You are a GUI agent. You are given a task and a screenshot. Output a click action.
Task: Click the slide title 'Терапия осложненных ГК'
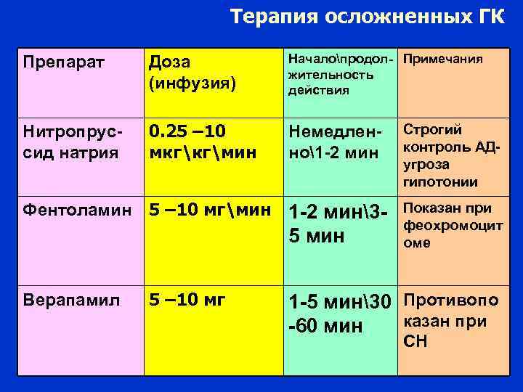coord(366,17)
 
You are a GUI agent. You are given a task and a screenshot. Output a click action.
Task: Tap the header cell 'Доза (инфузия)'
coord(192,73)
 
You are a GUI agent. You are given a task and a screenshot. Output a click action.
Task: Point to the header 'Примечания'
coord(443,59)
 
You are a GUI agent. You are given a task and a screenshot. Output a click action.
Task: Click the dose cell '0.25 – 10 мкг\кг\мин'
coord(191,142)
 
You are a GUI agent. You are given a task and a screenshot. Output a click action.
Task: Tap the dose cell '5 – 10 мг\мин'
coord(204,211)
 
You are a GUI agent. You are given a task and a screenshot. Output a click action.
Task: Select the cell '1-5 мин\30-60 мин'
coord(340,314)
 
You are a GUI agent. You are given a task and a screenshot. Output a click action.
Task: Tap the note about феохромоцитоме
coord(452,226)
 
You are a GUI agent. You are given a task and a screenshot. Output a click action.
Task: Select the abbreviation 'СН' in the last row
coord(417,342)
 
